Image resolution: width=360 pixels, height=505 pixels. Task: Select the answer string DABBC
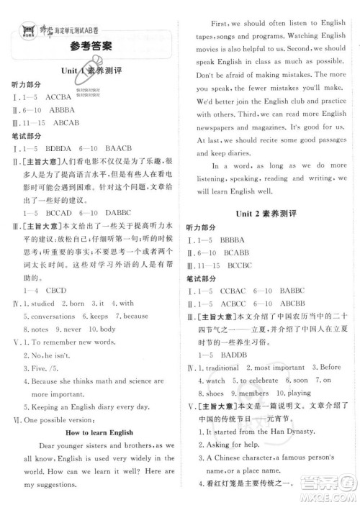coord(121,214)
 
